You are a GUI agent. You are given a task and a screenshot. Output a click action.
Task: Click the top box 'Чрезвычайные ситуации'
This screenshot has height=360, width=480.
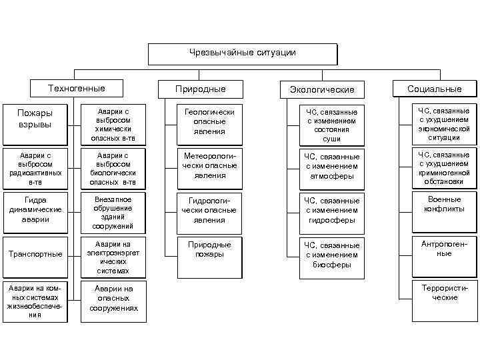coord(242,53)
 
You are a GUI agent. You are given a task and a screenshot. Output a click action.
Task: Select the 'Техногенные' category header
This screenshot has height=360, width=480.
coord(77,89)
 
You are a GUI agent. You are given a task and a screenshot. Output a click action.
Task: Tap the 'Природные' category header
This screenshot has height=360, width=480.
coord(200,89)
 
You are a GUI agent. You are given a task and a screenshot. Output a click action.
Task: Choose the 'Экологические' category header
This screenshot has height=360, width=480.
coord(322,89)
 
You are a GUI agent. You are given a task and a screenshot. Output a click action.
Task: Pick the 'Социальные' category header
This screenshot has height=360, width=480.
coord(435,89)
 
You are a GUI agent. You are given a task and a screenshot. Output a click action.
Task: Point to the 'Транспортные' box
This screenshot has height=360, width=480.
coord(35,254)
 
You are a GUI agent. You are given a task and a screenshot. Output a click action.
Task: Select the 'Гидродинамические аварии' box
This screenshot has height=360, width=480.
coord(35,209)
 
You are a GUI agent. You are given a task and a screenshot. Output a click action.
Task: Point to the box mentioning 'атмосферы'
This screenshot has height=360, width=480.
coord(331,167)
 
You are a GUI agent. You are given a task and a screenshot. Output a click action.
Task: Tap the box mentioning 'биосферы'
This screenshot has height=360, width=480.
coord(331,255)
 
